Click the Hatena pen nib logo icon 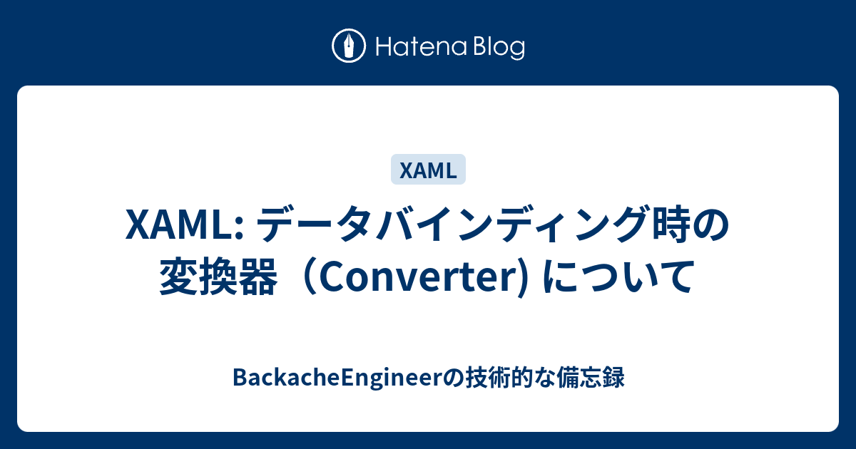[x=349, y=47]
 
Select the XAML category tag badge [x=428, y=170]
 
